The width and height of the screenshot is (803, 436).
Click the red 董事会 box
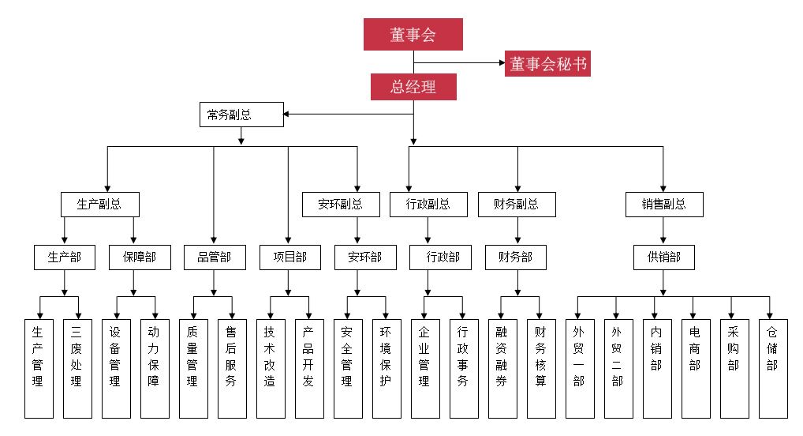pyautogui.click(x=413, y=35)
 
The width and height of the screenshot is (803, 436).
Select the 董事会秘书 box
pyautogui.click(x=547, y=63)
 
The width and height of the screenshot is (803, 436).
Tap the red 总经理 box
pyautogui.click(x=413, y=87)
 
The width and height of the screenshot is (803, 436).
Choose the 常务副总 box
pyautogui.click(x=241, y=115)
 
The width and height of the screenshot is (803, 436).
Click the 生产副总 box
pyautogui.click(x=100, y=204)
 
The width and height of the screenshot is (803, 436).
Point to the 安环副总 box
pyautogui.click(x=342, y=204)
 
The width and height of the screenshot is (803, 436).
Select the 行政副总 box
pyautogui.click(x=428, y=204)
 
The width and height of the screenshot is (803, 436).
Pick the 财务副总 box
pyautogui.click(x=517, y=204)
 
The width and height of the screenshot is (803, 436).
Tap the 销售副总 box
pyautogui.click(x=664, y=204)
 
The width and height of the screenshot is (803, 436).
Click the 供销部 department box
pyautogui.click(x=664, y=257)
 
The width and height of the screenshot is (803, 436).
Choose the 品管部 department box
pyautogui.click(x=214, y=257)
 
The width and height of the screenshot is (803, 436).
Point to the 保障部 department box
pyautogui.click(x=140, y=257)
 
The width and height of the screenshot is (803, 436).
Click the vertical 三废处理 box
pyautogui.click(x=77, y=368)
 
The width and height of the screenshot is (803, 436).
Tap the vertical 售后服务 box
pyautogui.click(x=231, y=368)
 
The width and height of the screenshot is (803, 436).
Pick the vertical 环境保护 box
pyautogui.click(x=386, y=368)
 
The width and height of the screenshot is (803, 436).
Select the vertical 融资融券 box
pyautogui.click(x=502, y=368)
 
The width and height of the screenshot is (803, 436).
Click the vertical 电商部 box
pyautogui.click(x=695, y=368)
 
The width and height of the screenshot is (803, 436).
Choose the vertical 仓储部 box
pyautogui.click(x=772, y=368)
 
